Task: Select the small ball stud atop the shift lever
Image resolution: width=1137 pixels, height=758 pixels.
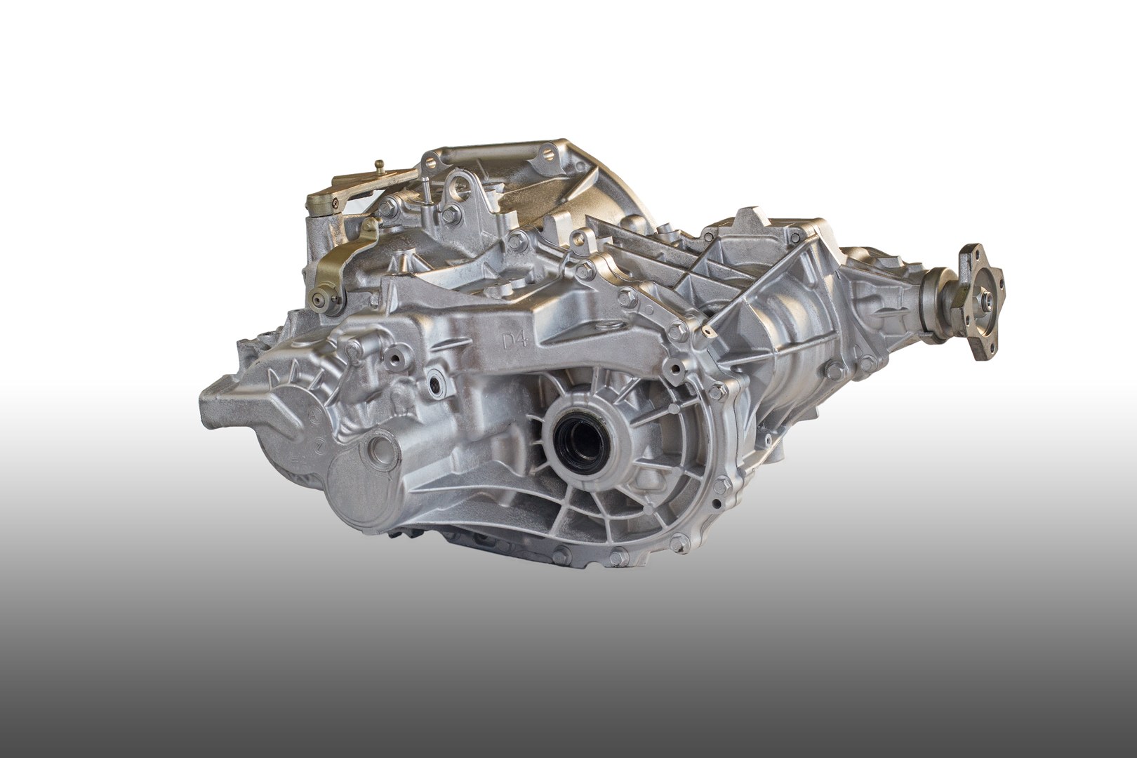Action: tap(379, 165)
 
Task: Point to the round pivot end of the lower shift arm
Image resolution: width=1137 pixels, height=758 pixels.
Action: tap(320, 300)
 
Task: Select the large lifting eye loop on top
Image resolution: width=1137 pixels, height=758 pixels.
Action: tap(460, 187)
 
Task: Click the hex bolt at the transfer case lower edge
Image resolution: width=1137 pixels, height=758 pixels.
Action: tap(834, 371)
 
